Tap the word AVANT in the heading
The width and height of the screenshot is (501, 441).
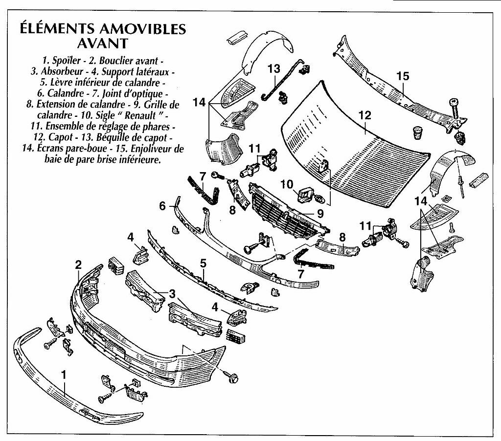coord(103,44)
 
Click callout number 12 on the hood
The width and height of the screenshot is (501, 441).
coord(365,116)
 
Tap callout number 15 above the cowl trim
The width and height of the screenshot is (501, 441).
coord(402,76)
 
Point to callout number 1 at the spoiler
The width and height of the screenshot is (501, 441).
coord(64,375)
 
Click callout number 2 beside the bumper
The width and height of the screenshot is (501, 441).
coord(78,265)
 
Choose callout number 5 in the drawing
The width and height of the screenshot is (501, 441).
coord(203,263)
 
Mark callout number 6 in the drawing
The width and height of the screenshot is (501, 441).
coord(162,206)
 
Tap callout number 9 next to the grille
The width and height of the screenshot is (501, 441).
coord(320,213)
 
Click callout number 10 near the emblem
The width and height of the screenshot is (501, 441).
coord(287,184)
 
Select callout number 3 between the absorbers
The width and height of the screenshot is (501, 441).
coord(172,293)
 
